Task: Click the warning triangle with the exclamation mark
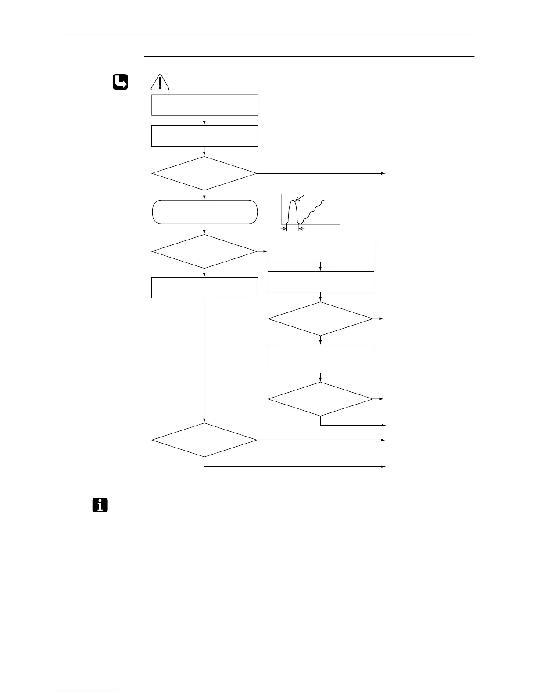click(x=160, y=82)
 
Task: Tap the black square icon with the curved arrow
click(x=120, y=82)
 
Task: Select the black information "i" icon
click(x=100, y=505)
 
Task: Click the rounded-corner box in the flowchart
click(x=204, y=212)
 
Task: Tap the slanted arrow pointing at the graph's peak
click(x=301, y=199)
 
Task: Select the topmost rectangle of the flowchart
click(x=204, y=105)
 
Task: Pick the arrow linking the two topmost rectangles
click(x=204, y=121)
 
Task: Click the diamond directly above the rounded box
click(x=204, y=174)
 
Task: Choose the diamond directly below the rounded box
click(x=204, y=251)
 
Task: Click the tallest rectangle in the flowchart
click(x=321, y=359)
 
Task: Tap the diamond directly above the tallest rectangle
click(x=321, y=319)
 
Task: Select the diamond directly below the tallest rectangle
click(x=321, y=399)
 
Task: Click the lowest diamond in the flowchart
click(x=204, y=440)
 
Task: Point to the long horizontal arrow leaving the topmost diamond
click(x=320, y=174)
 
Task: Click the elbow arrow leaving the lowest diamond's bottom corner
click(x=294, y=466)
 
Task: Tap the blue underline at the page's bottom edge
click(x=87, y=691)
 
